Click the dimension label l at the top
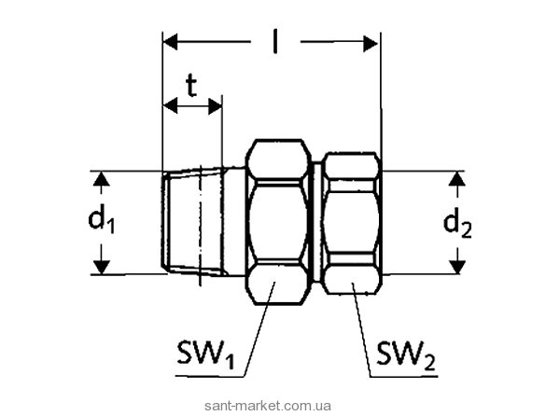(274, 42)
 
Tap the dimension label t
(191, 87)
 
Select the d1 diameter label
(102, 221)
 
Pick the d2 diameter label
(457, 225)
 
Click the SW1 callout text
(205, 354)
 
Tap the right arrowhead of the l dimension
(371, 44)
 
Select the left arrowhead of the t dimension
(171, 105)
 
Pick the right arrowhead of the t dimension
(215, 105)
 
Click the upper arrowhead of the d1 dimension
(102, 179)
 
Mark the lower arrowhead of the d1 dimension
(102, 267)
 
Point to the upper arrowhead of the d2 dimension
(457, 179)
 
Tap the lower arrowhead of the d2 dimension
(457, 267)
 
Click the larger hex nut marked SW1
(278, 222)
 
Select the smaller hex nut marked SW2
(352, 223)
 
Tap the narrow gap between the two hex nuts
(316, 222)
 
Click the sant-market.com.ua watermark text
(268, 406)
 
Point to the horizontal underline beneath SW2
(404, 377)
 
